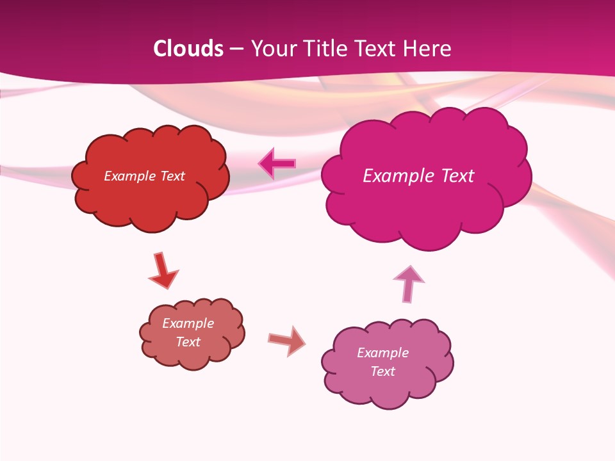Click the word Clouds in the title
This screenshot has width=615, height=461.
tap(188, 49)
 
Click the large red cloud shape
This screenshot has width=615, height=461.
tap(151, 198)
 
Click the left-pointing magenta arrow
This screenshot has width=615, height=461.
tap(277, 164)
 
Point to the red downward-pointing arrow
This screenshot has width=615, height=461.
tap(162, 270)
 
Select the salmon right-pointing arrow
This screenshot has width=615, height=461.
tap(287, 340)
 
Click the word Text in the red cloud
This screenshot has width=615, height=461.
tap(172, 176)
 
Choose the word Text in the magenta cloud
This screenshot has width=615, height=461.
tap(457, 176)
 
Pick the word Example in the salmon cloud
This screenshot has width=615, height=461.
tap(188, 323)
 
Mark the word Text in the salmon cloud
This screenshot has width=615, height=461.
tap(188, 342)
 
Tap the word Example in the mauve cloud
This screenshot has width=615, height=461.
tap(382, 353)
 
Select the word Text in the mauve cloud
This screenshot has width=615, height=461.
tap(382, 371)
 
